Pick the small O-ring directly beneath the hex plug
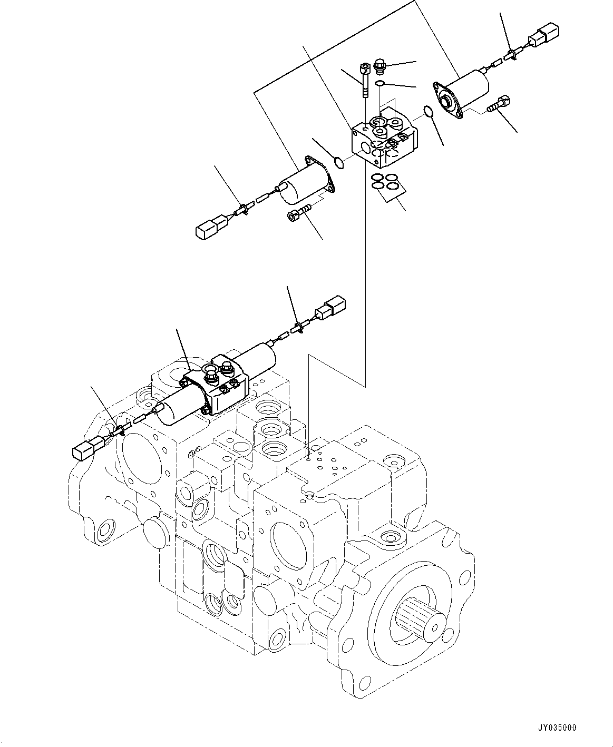(379, 83)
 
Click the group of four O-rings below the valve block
(384, 181)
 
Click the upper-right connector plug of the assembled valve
(331, 307)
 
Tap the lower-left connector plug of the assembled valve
(84, 448)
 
